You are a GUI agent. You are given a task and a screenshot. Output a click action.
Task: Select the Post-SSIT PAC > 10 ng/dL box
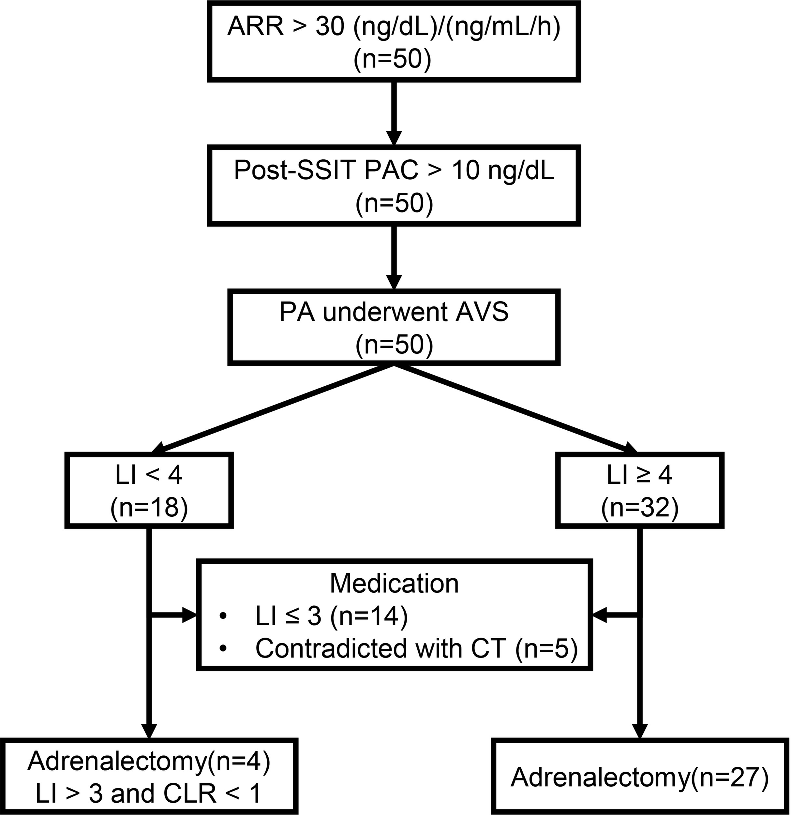(394, 185)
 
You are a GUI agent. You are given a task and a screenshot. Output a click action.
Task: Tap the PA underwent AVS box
(394, 327)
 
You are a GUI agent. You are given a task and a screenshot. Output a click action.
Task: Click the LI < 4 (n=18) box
(149, 490)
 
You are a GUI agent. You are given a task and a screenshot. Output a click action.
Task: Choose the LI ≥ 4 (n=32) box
(640, 490)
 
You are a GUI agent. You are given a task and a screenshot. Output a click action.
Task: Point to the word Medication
(394, 584)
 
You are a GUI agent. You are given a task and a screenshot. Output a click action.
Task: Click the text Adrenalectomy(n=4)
(149, 761)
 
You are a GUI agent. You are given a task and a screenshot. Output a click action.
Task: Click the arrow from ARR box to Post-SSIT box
(394, 112)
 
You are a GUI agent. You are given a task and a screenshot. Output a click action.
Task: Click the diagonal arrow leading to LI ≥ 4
(516, 409)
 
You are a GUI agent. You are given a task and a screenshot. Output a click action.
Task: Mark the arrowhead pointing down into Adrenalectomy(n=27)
(640, 730)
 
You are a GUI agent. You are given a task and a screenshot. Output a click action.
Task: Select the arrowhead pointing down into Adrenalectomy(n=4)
(149, 730)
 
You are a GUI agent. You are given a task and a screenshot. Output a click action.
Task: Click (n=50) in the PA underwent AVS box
(394, 344)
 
